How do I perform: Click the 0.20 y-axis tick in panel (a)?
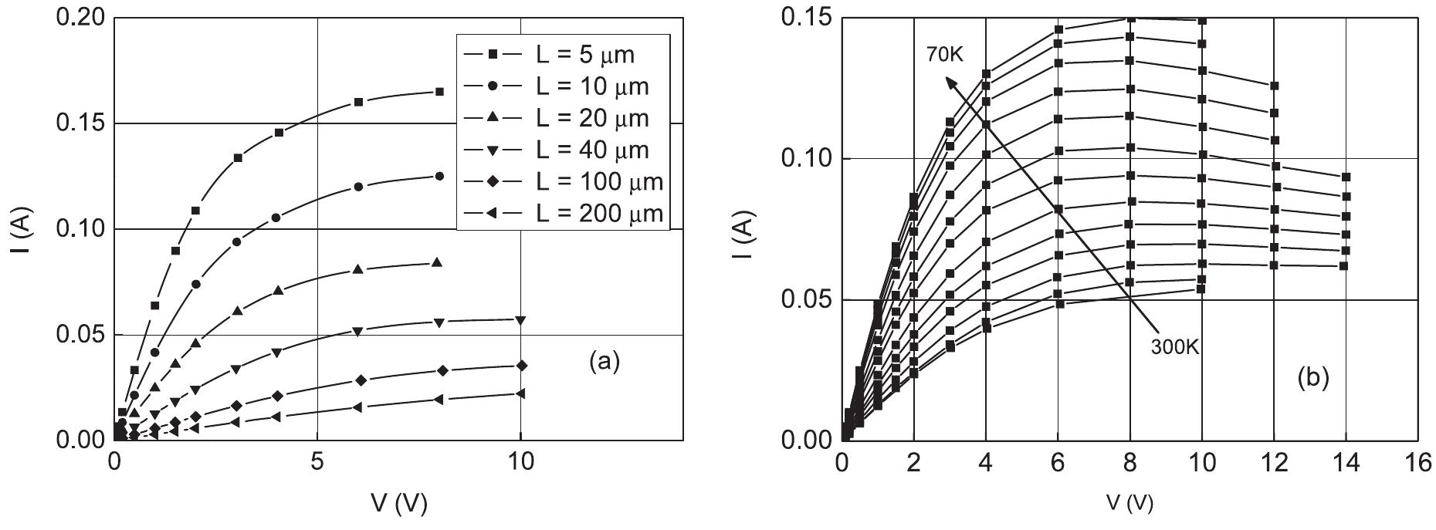pos(80,17)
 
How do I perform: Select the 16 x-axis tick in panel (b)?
pos(1417,463)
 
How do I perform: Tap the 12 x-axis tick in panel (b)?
pos(1274,463)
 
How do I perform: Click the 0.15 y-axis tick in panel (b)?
pos(807,17)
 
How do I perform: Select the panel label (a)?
pos(604,361)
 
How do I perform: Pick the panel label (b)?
pos(1312,378)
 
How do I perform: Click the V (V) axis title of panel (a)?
pos(398,504)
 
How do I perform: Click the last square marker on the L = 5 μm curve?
pos(439,91)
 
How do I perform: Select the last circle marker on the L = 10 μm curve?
pos(439,176)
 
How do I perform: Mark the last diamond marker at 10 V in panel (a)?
pos(521,365)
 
